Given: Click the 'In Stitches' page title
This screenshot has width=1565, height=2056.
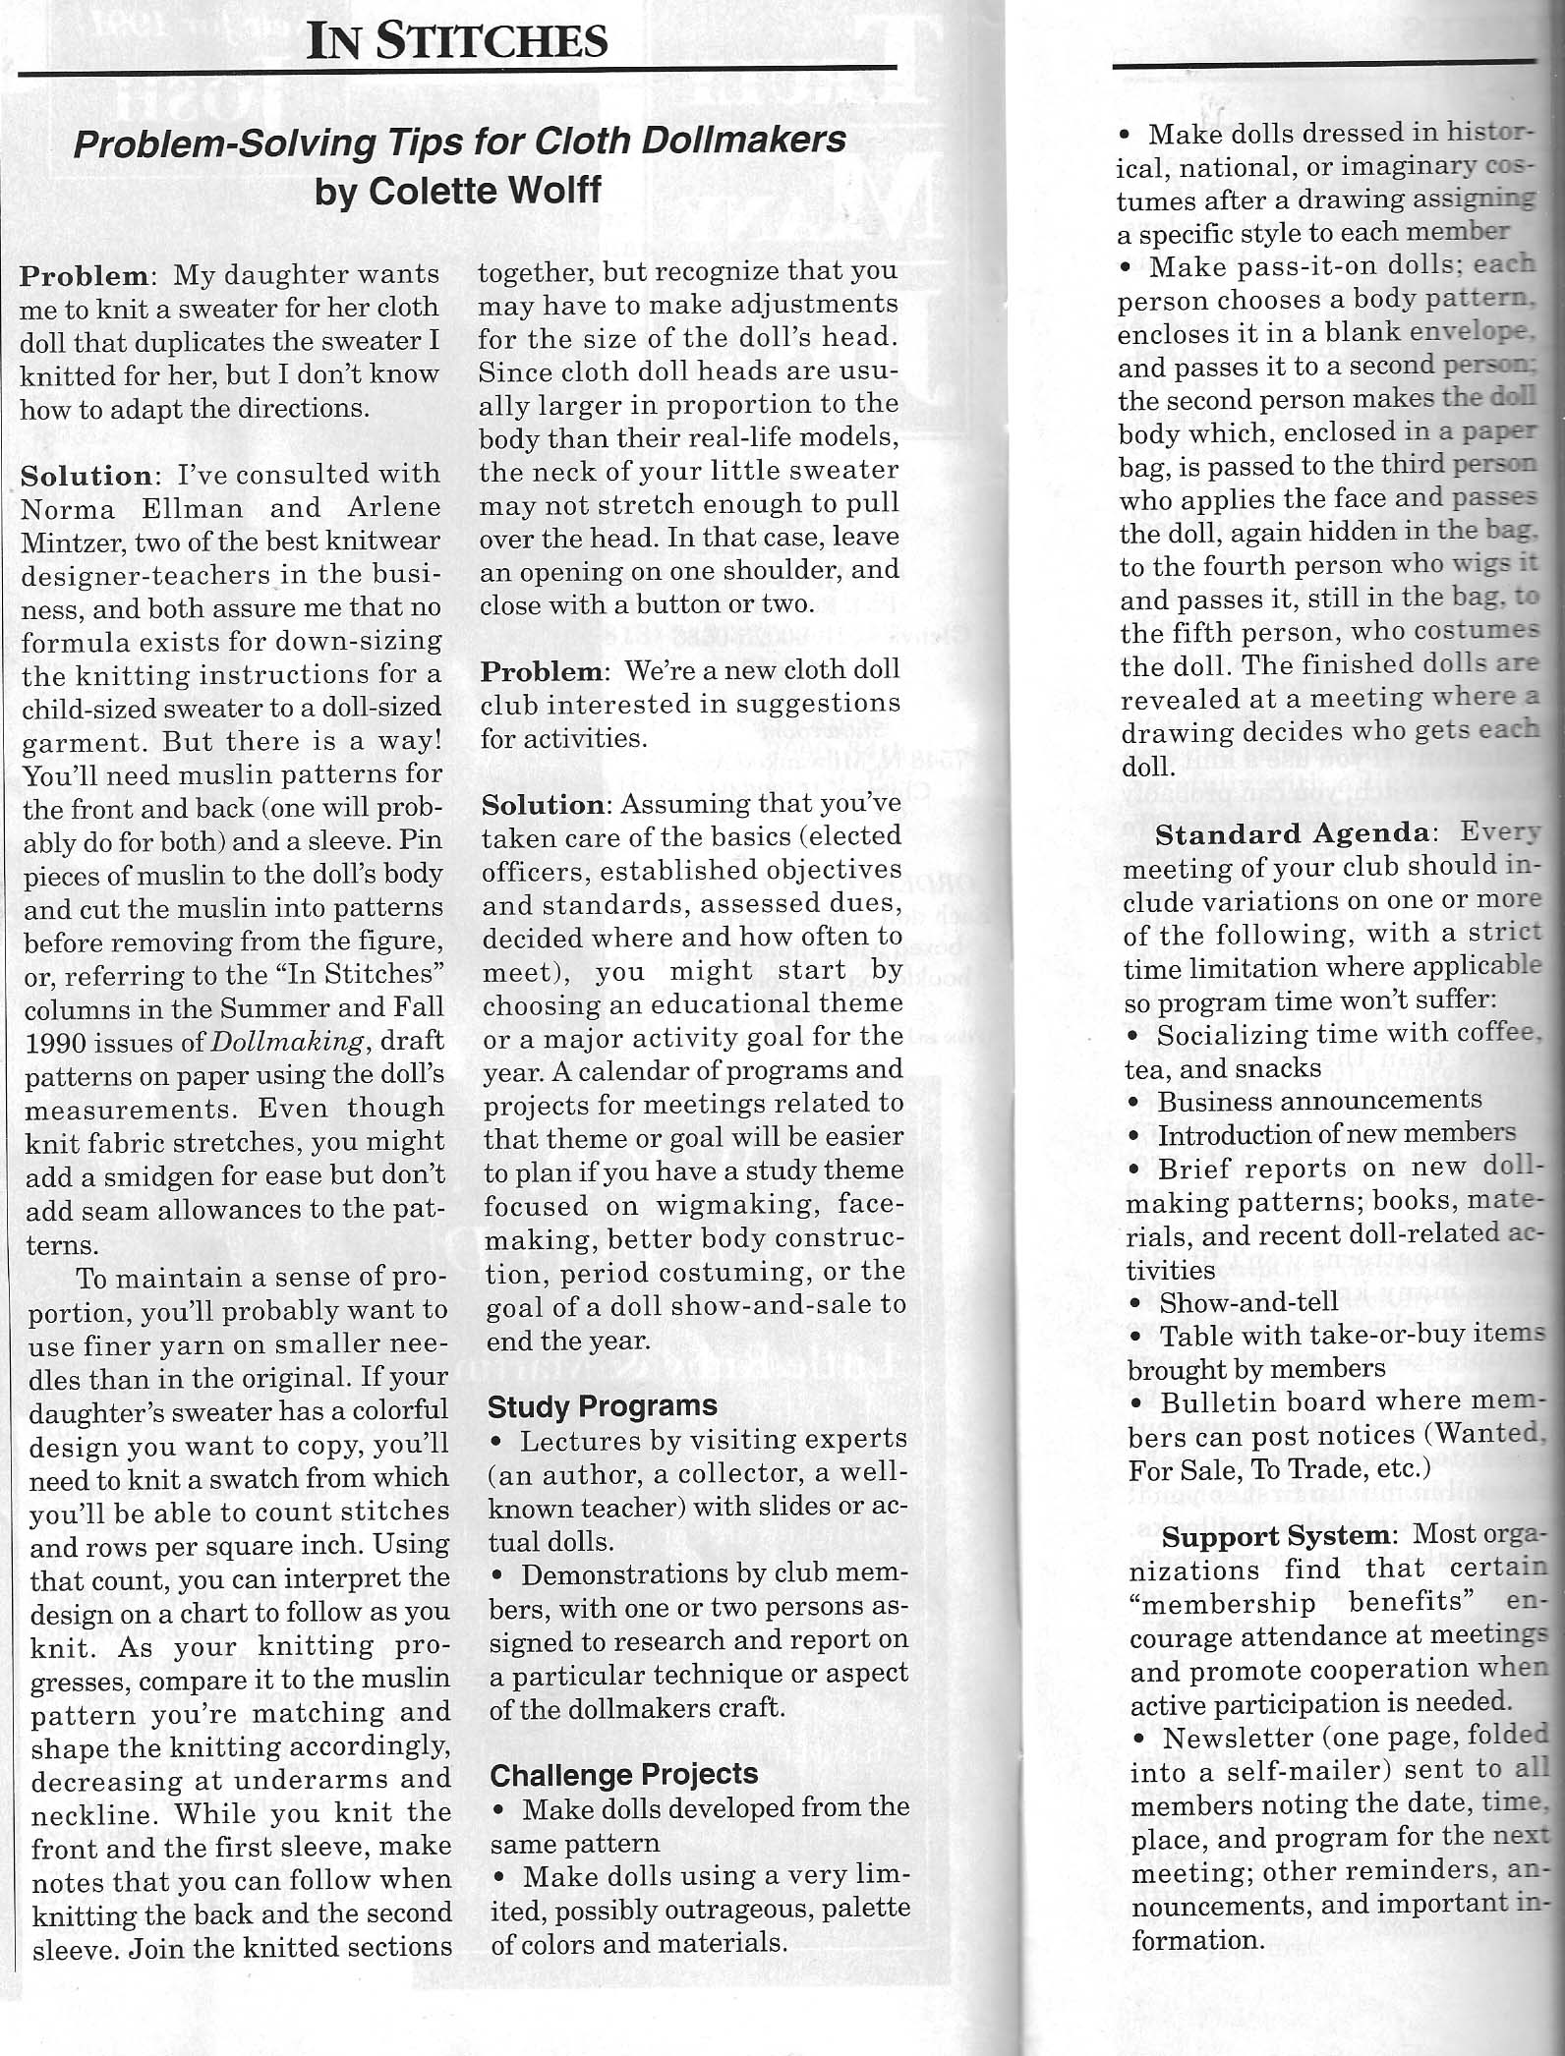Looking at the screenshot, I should tap(457, 41).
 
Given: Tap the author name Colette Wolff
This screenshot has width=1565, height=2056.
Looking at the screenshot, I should tap(484, 190).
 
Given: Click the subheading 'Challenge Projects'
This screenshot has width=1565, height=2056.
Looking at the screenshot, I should tap(624, 1774).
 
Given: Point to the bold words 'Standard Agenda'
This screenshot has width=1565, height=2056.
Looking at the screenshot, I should tap(1292, 834).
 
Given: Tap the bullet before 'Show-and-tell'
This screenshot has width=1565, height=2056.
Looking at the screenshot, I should tap(1135, 1304).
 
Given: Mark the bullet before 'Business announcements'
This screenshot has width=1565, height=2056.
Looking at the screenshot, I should tap(1135, 1103).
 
